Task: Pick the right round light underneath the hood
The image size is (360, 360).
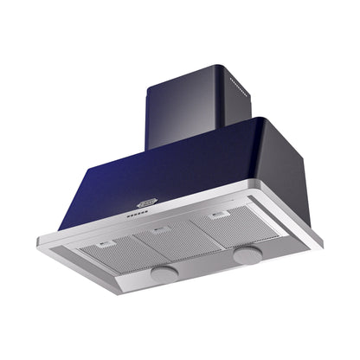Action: click(247, 255)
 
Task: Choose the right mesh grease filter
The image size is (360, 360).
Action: click(226, 224)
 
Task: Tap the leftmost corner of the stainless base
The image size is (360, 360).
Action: click(38, 240)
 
